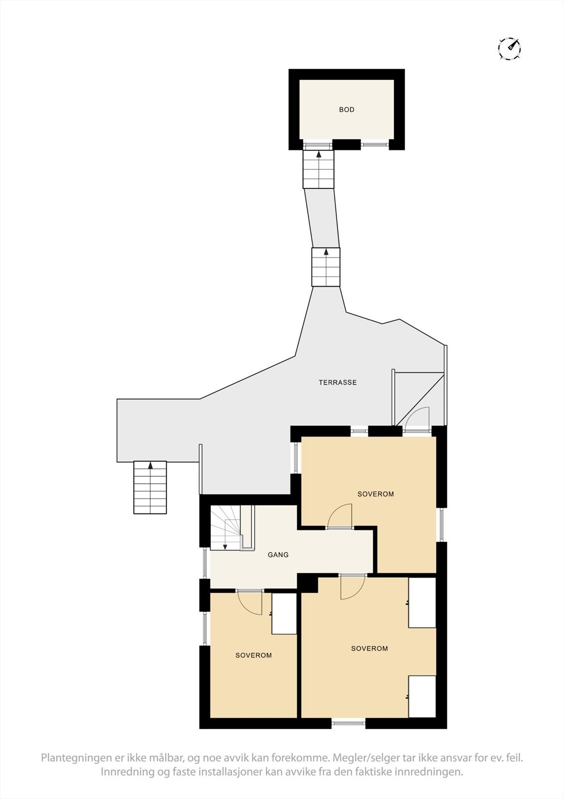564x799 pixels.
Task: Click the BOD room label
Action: [x=347, y=110]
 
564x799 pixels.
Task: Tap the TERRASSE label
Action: [x=338, y=383]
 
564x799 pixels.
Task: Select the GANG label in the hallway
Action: [x=278, y=554]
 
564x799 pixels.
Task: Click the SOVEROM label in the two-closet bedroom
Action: [x=369, y=649]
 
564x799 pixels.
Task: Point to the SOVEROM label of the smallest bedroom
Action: [x=253, y=655]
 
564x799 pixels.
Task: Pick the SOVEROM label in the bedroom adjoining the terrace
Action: [x=376, y=494]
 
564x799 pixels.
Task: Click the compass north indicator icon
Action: [x=509, y=48]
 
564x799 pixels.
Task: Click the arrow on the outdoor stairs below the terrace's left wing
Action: [x=150, y=466]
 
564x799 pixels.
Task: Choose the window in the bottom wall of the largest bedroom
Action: [x=349, y=723]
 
